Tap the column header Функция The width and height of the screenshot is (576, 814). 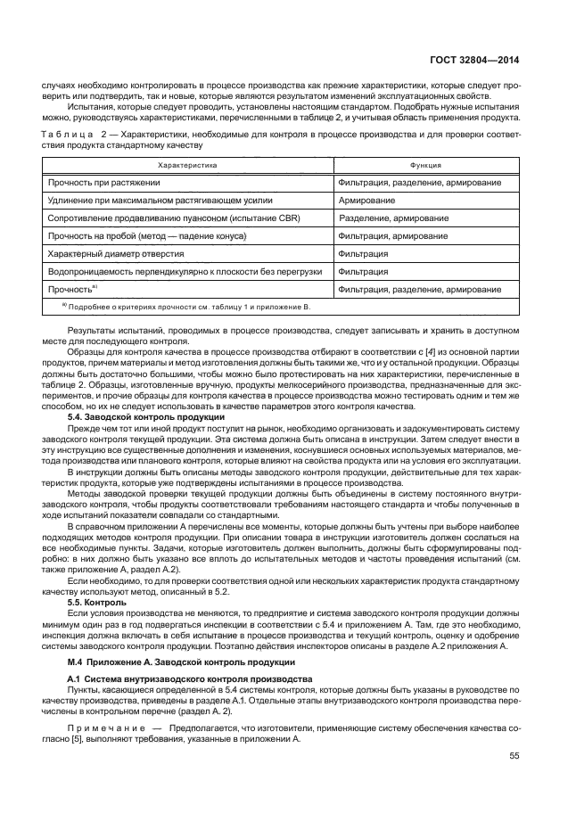423,166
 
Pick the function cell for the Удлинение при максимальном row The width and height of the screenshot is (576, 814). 367,200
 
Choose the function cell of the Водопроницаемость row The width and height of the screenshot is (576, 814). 363,271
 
